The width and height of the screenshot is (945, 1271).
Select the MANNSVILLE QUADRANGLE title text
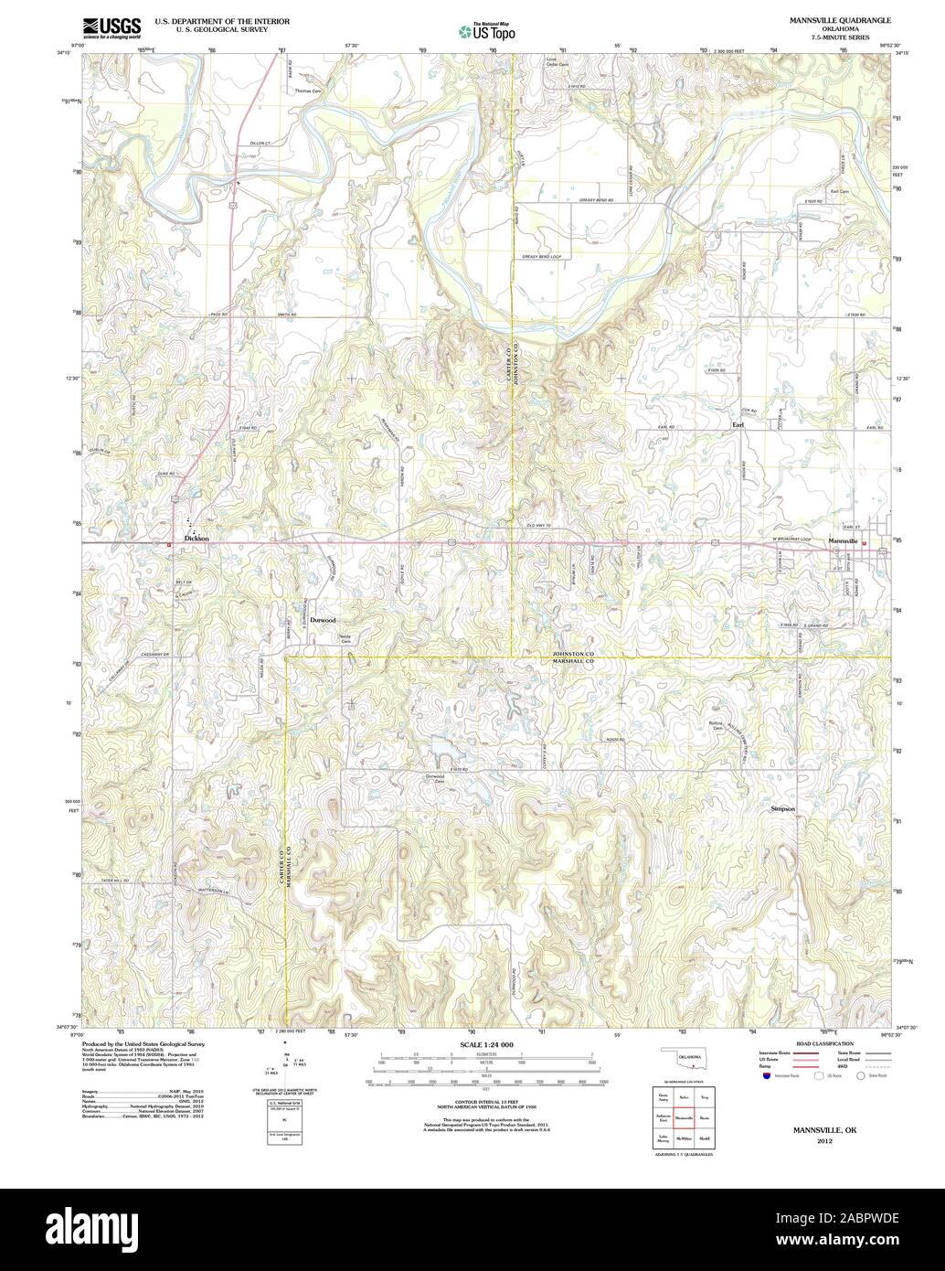tap(822, 19)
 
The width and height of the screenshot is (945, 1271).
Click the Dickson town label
tap(196, 539)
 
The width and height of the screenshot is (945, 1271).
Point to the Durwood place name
tap(323, 620)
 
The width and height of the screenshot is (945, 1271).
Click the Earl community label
tap(738, 425)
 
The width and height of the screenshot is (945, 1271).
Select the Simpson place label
tap(783, 809)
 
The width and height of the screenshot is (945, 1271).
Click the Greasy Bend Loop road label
tap(542, 258)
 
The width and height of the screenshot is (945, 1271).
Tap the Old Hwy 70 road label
tap(541, 524)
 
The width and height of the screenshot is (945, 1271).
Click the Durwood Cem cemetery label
tap(434, 779)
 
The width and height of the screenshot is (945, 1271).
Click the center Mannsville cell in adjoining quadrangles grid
tap(684, 1117)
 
